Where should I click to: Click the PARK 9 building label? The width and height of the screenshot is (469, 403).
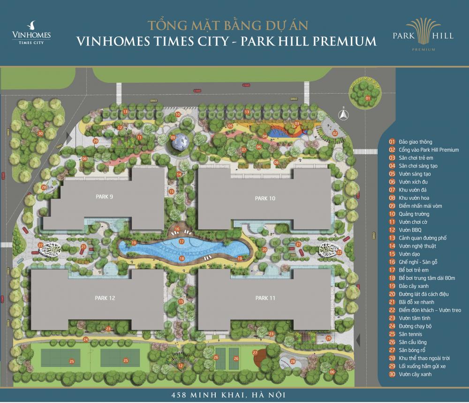104,197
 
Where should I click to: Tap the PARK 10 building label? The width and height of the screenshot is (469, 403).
265,198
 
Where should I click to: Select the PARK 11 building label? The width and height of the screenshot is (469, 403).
265,298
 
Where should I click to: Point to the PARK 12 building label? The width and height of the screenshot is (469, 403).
105,298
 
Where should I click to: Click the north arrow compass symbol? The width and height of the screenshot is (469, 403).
343,113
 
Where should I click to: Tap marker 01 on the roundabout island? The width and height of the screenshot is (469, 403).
368,98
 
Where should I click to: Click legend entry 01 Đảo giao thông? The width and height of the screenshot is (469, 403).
410,142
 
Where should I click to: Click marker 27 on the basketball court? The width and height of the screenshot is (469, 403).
255,352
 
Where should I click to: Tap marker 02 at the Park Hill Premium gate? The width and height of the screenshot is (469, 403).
335,133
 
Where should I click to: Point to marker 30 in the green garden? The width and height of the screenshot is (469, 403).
41,133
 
